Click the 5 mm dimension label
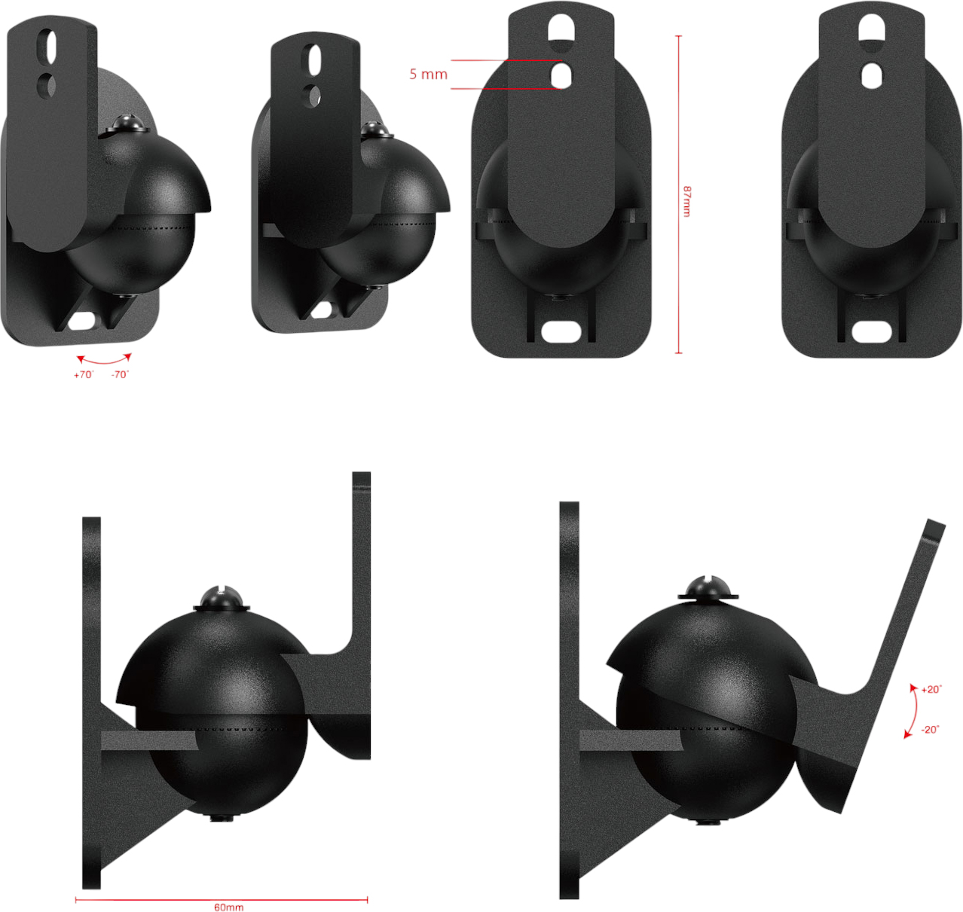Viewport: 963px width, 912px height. pyautogui.click(x=428, y=75)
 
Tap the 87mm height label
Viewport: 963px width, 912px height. pyautogui.click(x=686, y=201)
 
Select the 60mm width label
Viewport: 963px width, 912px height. pyautogui.click(x=229, y=907)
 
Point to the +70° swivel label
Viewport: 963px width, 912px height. pyautogui.click(x=84, y=375)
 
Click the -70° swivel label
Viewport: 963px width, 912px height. pyautogui.click(x=120, y=375)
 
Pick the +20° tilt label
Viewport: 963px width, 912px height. pyautogui.click(x=931, y=689)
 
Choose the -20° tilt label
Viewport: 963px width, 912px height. pyautogui.click(x=930, y=730)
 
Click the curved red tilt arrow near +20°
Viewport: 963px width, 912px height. pyautogui.click(x=913, y=710)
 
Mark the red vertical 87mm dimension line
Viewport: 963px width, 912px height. pyautogui.click(x=678, y=194)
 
